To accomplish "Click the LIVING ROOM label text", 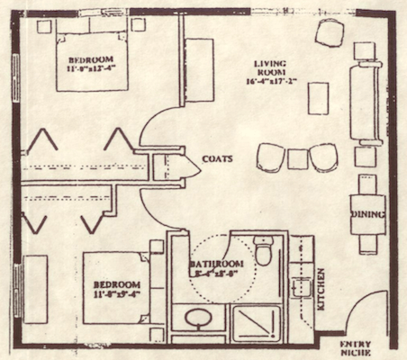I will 269,71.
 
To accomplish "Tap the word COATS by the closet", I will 217,158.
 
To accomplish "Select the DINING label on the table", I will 368,214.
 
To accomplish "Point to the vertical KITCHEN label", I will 320,289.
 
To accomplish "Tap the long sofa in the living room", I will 369,103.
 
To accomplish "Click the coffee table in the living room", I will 318,98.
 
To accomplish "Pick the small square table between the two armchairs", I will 298,159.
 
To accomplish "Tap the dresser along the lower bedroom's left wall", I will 35,289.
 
